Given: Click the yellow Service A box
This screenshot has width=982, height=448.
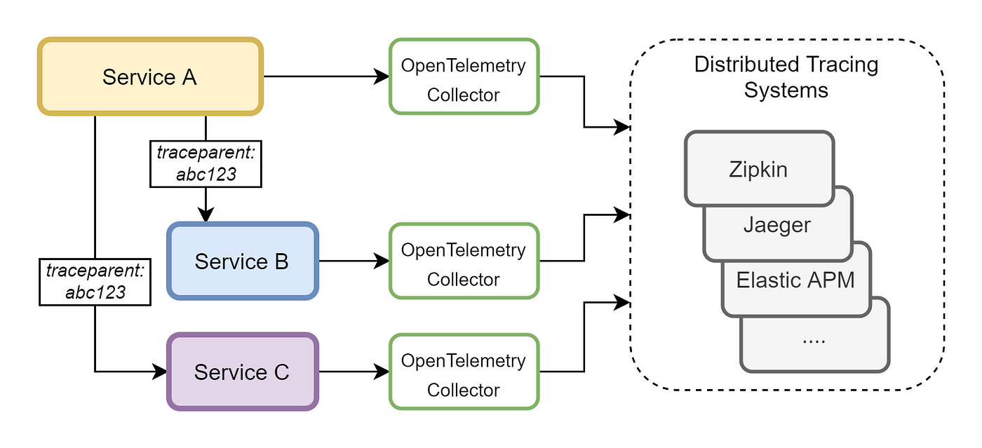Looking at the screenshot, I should (x=149, y=76).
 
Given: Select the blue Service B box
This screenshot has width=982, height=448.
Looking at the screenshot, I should (x=242, y=262).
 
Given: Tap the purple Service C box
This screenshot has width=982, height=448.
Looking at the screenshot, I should (x=242, y=372).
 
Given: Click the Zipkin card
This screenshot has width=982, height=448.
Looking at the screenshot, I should (x=758, y=169).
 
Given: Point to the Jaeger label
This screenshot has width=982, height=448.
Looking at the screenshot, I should (x=776, y=225).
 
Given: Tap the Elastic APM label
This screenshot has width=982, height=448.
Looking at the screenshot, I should (x=795, y=280).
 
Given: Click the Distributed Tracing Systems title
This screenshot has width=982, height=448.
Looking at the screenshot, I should (x=786, y=77).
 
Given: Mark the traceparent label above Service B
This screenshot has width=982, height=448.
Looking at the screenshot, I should (x=206, y=163).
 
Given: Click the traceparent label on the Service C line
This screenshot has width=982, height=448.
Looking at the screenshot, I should (x=95, y=280).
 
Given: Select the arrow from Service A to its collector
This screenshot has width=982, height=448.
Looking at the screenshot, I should (x=326, y=76).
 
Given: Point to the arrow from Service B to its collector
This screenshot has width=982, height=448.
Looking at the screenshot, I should (x=354, y=262).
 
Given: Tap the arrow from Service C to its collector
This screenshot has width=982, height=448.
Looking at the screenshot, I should (x=354, y=372).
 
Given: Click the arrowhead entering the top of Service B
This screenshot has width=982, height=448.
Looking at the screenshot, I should (x=206, y=216).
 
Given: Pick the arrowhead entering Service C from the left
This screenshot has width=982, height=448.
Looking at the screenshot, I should (x=159, y=372).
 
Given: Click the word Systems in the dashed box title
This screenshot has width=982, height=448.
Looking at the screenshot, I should (x=786, y=90).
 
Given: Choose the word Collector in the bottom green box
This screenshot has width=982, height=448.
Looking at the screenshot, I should (x=464, y=389).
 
